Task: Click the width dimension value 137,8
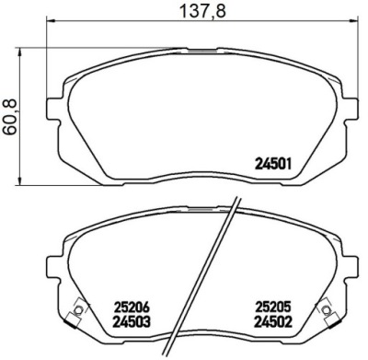tap(202, 11)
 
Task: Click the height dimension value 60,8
tap(10, 117)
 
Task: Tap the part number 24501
tap(272, 164)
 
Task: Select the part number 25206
tap(132, 307)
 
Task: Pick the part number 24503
tap(132, 322)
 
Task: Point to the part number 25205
tap(272, 307)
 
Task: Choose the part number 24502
tap(272, 322)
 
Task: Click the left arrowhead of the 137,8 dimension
tap(50, 20)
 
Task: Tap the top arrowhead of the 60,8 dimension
tap(20, 52)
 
